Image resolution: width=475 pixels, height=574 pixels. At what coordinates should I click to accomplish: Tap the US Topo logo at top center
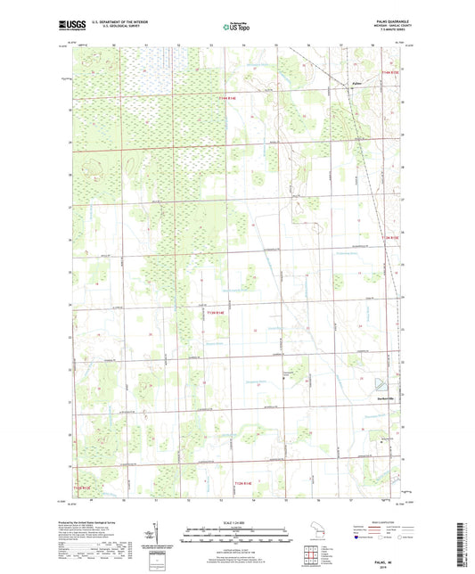236,27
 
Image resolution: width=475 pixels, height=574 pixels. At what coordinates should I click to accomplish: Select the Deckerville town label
385,398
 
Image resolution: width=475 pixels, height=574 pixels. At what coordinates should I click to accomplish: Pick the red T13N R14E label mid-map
218,313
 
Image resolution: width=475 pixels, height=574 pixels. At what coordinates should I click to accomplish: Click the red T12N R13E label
82,488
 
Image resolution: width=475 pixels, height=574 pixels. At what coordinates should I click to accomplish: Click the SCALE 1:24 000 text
236,521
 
